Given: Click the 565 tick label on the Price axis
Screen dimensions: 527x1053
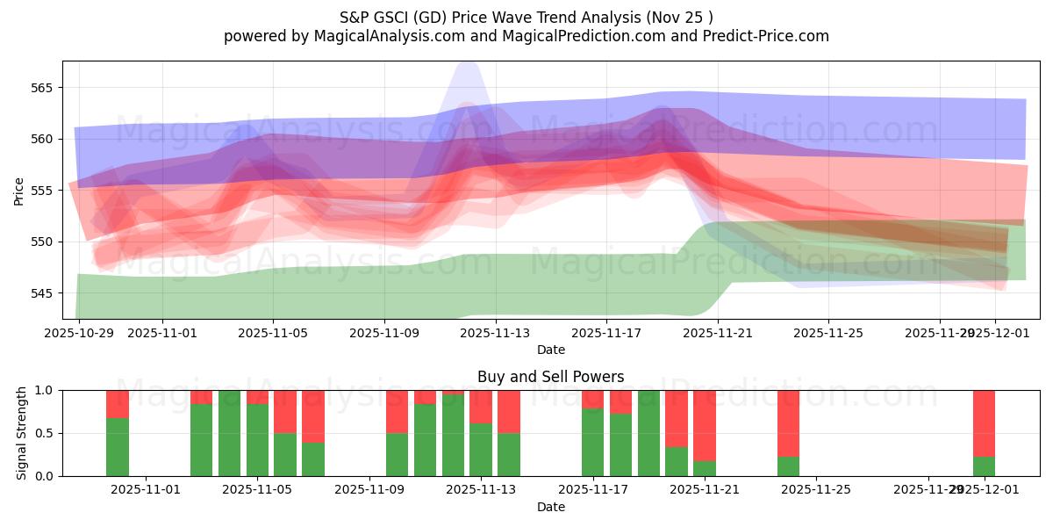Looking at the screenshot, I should [41, 88].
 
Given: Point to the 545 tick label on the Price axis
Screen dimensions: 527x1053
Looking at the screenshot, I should [41, 293].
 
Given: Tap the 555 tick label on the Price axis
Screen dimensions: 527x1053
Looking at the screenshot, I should [41, 191].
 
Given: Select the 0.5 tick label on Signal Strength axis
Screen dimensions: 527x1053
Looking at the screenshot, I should [44, 434].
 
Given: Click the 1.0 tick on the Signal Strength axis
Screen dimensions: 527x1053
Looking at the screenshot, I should [44, 391].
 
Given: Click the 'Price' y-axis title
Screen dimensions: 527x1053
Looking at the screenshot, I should [18, 191].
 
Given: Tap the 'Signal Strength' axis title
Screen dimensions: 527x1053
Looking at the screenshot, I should [22, 433].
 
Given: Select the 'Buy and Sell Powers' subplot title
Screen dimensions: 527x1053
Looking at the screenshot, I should [550, 377].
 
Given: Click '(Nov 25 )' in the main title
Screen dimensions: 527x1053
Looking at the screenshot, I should [680, 17].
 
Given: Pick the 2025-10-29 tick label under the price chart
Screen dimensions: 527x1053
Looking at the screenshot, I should [80, 334].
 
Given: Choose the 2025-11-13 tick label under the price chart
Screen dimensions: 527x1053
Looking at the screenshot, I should [495, 334].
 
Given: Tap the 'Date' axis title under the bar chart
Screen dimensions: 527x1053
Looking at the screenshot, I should [550, 507].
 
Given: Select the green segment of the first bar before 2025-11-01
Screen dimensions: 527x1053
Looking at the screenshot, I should [118, 447].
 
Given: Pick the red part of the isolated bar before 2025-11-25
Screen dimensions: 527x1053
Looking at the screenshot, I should [788, 422].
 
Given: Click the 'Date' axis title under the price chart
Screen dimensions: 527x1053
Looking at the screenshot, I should [550, 350].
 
